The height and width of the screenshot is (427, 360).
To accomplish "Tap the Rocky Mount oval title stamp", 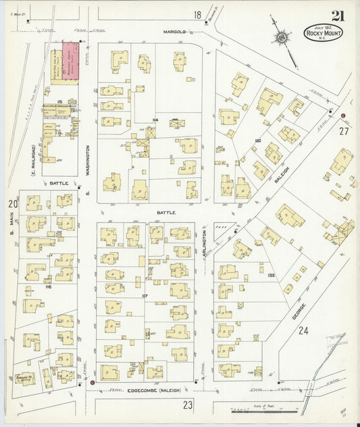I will tap(324, 33).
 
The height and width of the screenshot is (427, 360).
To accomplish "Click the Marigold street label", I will tap(174, 32).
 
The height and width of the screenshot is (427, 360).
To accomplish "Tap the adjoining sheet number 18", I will tap(197, 15).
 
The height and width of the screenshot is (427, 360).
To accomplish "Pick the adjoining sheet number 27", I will tap(344, 131).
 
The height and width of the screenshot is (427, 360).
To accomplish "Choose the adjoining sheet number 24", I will tap(303, 330).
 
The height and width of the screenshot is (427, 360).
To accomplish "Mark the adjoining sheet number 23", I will tap(187, 405).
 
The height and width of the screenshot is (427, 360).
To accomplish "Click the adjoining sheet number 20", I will tap(11, 203).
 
